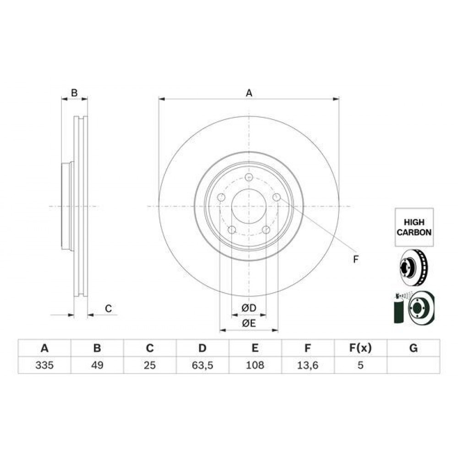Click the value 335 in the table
[x=44, y=365]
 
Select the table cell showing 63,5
[x=202, y=365]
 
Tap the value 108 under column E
[x=255, y=365]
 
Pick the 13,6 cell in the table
[x=308, y=365]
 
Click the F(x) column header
[x=360, y=348]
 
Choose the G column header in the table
[x=413, y=348]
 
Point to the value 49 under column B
[x=97, y=365]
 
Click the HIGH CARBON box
[x=414, y=227]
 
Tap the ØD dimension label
[x=249, y=308]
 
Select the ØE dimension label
[x=249, y=323]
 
